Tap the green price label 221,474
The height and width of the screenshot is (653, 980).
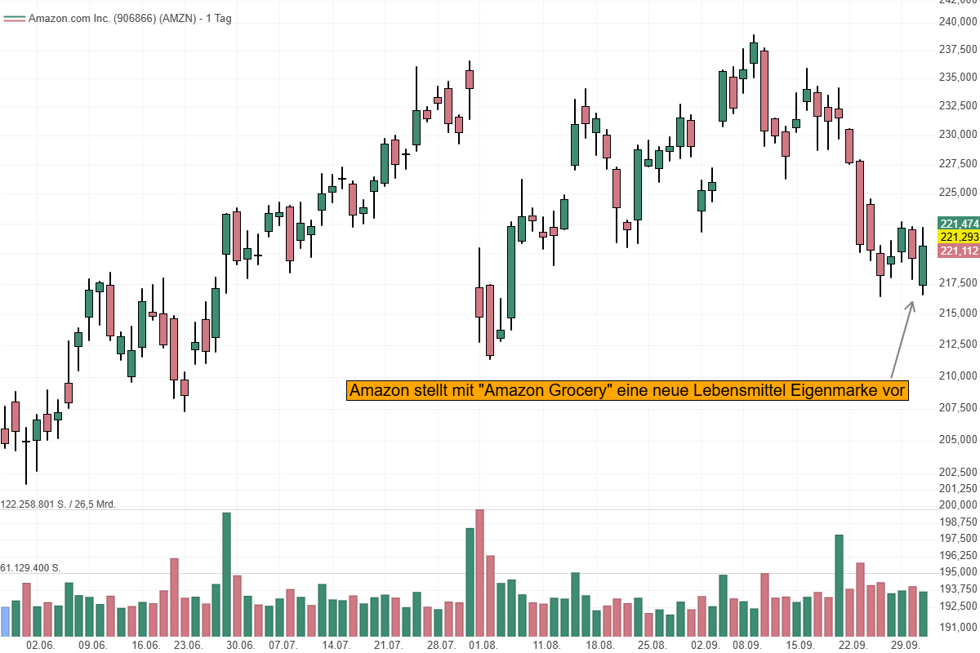coord(959,224)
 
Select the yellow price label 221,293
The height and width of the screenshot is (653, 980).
coord(959,237)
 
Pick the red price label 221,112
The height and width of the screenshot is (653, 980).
coord(959,251)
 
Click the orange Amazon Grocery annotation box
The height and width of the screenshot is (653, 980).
coord(627,391)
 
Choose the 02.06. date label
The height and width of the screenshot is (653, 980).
coord(41,645)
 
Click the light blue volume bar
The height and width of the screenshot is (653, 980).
coord(5,622)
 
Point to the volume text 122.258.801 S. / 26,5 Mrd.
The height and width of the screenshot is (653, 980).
coord(58,504)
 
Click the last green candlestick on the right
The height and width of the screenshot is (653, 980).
coord(923,265)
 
